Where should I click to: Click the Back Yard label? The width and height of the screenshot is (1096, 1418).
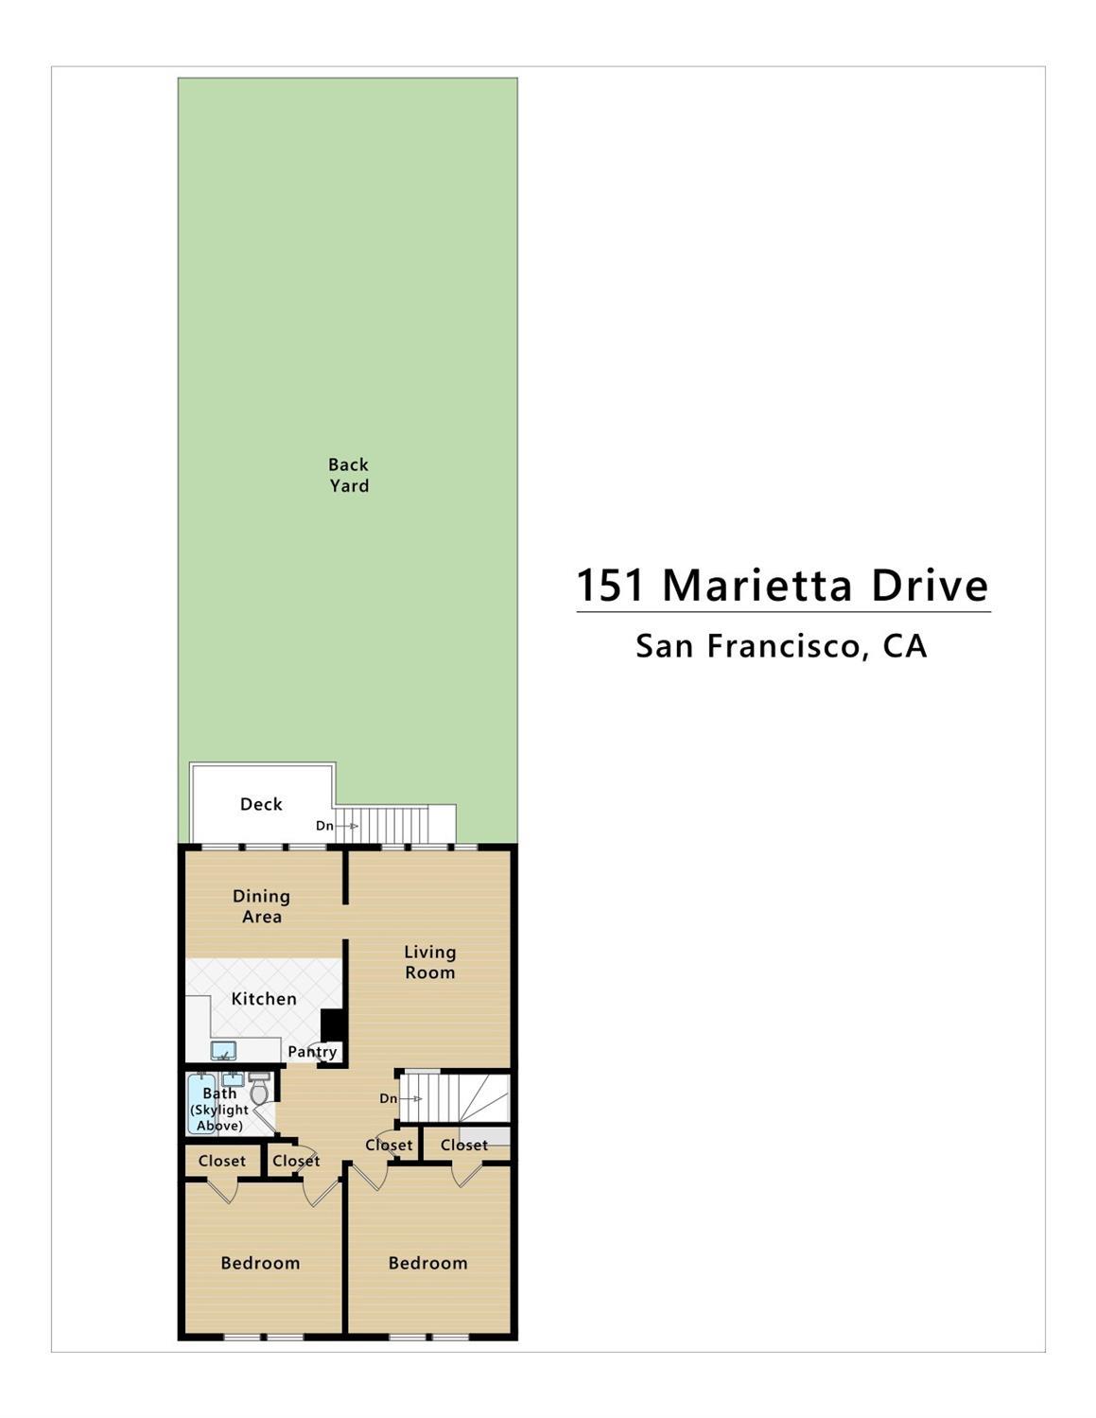point(348,475)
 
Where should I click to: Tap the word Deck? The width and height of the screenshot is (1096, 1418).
point(261,804)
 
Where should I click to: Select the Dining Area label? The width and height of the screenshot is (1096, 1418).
point(262,906)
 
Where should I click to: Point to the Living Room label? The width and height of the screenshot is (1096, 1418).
point(430,962)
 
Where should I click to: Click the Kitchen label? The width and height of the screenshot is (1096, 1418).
point(264,999)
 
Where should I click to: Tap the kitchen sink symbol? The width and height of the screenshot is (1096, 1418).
point(224,1050)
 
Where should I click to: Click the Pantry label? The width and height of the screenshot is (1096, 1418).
point(312,1052)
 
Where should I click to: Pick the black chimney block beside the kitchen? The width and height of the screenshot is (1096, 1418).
point(331,1025)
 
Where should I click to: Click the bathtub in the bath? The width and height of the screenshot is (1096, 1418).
point(202,1103)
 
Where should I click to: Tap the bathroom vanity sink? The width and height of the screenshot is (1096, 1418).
point(233,1078)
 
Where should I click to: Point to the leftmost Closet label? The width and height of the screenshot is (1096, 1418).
point(222,1161)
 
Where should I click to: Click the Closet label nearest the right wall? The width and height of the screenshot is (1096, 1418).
point(464,1145)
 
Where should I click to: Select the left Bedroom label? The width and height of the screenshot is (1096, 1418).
point(260,1263)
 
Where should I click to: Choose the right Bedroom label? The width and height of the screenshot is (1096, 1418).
point(427,1263)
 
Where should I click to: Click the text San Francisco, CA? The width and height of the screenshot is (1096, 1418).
point(781,646)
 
